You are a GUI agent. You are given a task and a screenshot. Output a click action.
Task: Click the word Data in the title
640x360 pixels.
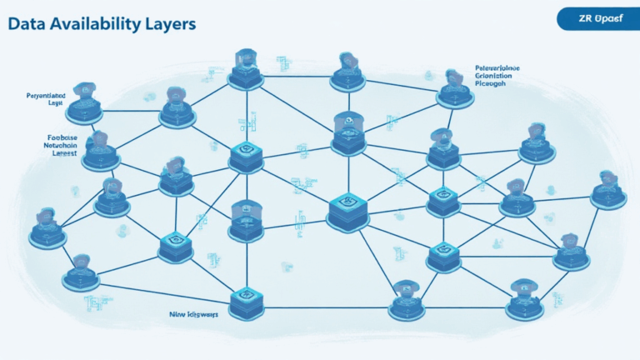(27, 23)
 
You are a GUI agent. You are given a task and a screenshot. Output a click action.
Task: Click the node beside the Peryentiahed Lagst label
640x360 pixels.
(85, 105)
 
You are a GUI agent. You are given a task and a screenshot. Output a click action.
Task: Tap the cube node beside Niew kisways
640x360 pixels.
(246, 301)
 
